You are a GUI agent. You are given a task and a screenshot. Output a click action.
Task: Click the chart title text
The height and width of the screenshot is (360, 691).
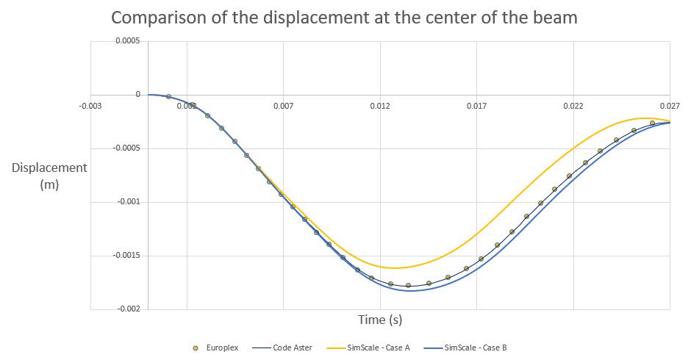pyautogui.click(x=345, y=18)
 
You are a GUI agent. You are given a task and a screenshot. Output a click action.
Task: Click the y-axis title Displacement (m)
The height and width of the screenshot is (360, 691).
pyautogui.click(x=49, y=176)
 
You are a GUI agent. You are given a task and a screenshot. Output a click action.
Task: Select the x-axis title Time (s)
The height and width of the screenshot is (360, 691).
pyautogui.click(x=380, y=320)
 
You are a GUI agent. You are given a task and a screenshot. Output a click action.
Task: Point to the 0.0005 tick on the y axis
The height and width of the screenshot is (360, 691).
pyautogui.click(x=128, y=41)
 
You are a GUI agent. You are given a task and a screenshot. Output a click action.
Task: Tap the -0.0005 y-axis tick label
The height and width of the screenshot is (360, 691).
pyautogui.click(x=126, y=148)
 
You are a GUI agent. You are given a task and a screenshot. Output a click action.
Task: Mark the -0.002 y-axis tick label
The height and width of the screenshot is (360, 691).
pyautogui.click(x=128, y=309)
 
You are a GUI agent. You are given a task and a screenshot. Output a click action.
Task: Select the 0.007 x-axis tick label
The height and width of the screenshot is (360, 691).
pyautogui.click(x=283, y=106)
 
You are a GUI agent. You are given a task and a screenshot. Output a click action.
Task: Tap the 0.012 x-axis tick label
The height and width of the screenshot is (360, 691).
pyautogui.click(x=380, y=106)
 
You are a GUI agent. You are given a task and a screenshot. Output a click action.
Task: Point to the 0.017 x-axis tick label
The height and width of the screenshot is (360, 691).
pyautogui.click(x=476, y=106)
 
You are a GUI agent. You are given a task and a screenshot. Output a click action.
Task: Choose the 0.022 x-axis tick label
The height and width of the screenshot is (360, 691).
pyautogui.click(x=573, y=106)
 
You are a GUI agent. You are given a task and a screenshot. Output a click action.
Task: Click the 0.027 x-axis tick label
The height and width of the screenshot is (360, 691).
pyautogui.click(x=670, y=106)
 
